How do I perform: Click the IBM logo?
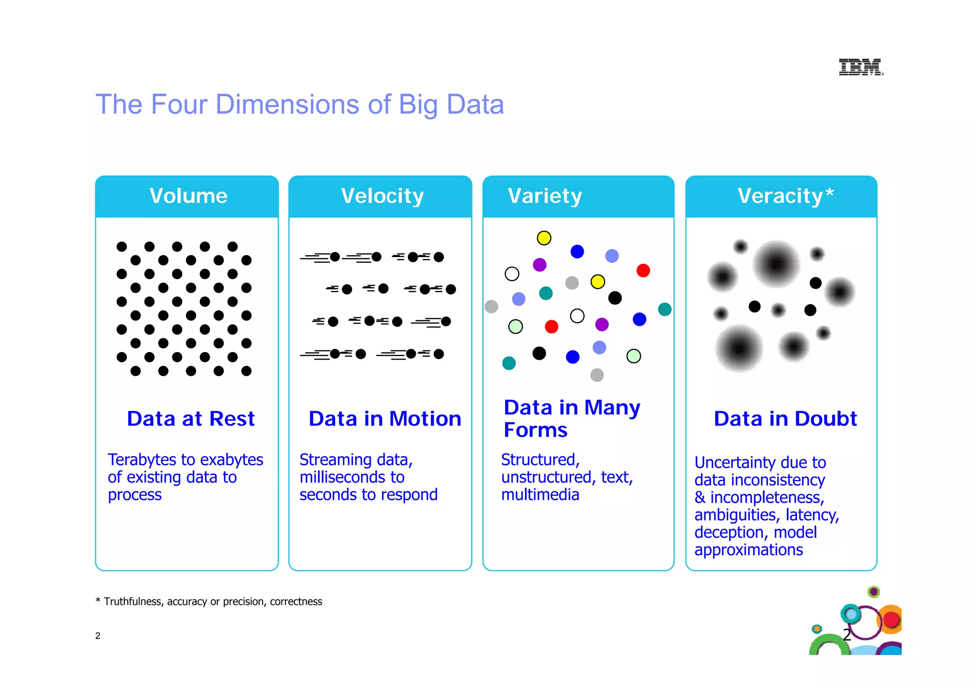860,67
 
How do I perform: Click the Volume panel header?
188,196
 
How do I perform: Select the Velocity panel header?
382,196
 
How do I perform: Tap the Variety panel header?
545,196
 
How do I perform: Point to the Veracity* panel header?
785,196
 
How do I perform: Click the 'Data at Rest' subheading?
191,418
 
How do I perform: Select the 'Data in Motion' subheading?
385,418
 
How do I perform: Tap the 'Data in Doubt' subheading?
785,418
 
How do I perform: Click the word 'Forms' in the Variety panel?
535,430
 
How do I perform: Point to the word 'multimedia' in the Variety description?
540,494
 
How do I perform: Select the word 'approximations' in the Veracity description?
748,549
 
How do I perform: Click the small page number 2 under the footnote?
98,636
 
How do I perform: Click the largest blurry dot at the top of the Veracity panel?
776,264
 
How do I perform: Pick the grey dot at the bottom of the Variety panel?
597,375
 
